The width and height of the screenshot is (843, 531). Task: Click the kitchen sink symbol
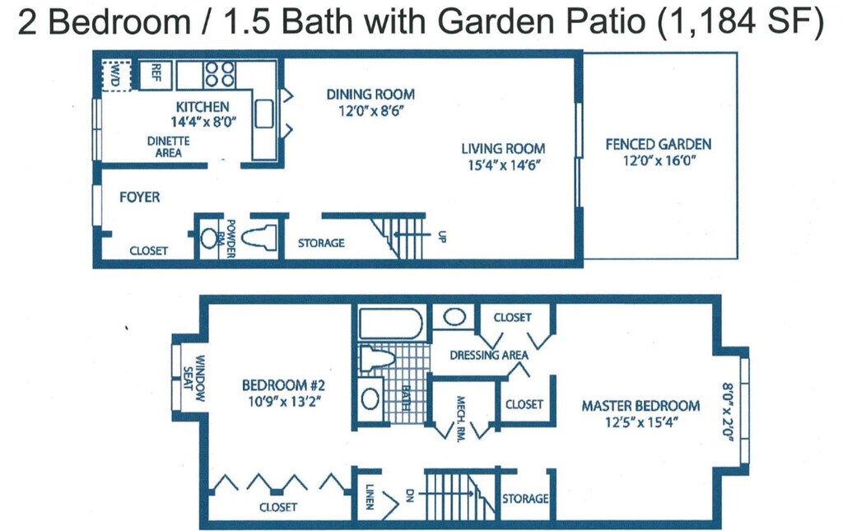(263, 114)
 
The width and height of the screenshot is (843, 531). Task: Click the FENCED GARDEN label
(658, 144)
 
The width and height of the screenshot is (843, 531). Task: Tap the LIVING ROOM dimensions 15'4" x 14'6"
(502, 165)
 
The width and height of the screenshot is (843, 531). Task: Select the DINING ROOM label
(370, 94)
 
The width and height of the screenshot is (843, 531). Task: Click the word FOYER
(139, 198)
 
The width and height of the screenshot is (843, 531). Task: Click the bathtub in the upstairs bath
(391, 323)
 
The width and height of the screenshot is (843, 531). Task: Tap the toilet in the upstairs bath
(380, 357)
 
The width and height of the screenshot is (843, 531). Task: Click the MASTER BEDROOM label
(640, 405)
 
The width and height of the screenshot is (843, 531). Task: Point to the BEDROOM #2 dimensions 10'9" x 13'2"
(285, 401)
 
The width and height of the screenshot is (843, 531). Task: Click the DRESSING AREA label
(489, 355)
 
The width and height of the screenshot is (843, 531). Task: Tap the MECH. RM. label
(462, 417)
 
